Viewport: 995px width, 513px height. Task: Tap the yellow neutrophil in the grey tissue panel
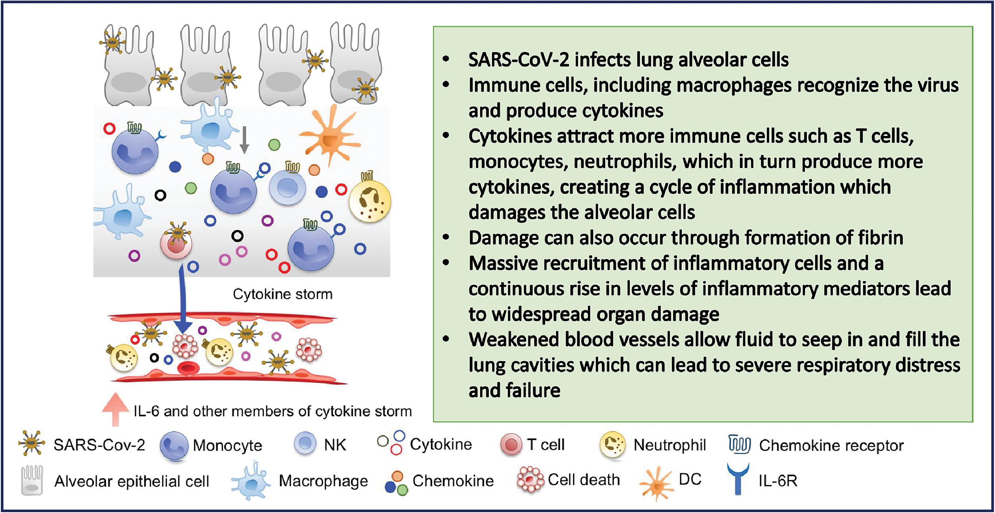click(370, 201)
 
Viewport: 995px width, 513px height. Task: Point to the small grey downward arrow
click(244, 140)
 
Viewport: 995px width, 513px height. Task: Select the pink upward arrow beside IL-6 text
click(115, 409)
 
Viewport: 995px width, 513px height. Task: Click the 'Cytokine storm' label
click(282, 294)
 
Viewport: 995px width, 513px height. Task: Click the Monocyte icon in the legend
click(174, 446)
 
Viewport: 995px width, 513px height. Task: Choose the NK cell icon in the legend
click(305, 443)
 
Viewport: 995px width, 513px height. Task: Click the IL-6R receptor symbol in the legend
click(738, 479)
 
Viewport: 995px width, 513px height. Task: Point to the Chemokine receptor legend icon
click(739, 444)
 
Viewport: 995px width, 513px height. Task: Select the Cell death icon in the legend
click(530, 480)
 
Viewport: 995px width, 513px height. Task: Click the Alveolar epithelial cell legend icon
click(32, 480)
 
